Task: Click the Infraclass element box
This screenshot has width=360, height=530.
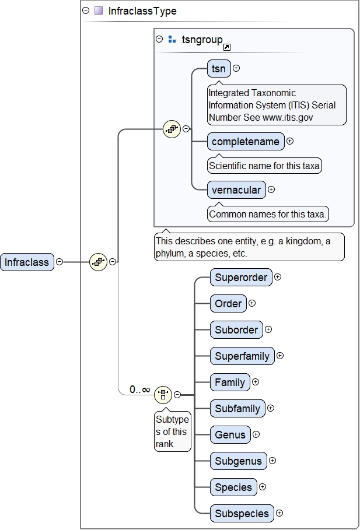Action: [x=27, y=262]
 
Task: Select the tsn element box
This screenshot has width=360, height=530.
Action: [x=219, y=69]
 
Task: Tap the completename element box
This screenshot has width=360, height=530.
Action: [x=246, y=142]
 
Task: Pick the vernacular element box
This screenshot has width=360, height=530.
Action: [x=236, y=190]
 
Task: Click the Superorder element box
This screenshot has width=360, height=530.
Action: [x=241, y=278]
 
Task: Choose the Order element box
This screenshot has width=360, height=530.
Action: [x=228, y=304]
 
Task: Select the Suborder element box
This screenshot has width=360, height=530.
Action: [x=236, y=330]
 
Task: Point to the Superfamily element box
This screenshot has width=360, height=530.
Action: [x=242, y=356]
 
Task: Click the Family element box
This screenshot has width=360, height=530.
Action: [x=230, y=382]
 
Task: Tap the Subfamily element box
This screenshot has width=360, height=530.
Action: [x=237, y=409]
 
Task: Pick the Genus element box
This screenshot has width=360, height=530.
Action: [x=230, y=435]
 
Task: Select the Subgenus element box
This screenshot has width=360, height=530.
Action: [x=238, y=461]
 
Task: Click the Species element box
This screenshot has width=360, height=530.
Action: [x=233, y=487]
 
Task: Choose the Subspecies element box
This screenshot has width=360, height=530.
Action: [x=242, y=514]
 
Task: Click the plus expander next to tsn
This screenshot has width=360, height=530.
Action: [x=236, y=68]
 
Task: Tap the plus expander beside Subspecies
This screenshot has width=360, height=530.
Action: [x=279, y=513]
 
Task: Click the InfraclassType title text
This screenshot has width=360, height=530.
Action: [x=142, y=11]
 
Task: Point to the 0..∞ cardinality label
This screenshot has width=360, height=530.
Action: [x=139, y=389]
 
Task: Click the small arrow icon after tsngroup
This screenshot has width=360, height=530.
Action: [x=227, y=47]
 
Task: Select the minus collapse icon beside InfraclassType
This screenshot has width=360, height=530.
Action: [x=86, y=10]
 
